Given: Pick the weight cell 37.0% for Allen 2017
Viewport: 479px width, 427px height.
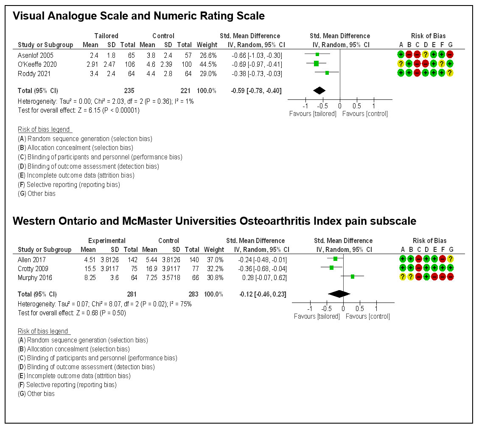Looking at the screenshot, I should [x=214, y=259].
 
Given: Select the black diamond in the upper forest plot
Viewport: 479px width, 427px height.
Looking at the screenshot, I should [x=319, y=90].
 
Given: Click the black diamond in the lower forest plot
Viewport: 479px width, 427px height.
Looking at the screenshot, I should [x=339, y=294].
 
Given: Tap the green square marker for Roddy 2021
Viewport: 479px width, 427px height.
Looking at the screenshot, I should [x=327, y=73].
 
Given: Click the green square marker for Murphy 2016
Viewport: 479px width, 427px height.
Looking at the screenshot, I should [x=353, y=277].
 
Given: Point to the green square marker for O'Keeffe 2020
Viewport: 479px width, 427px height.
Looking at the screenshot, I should [x=316, y=64].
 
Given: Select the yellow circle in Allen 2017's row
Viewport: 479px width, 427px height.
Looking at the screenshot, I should [x=451, y=259].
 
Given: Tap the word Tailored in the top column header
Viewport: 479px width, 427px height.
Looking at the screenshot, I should [x=106, y=36].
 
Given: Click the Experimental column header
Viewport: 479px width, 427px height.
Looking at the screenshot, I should [x=106, y=241].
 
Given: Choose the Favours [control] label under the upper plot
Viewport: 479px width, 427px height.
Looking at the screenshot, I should [x=365, y=113].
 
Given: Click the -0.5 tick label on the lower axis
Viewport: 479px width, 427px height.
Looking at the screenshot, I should [x=326, y=308].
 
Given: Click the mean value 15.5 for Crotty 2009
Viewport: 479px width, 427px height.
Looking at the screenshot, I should [x=90, y=268].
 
